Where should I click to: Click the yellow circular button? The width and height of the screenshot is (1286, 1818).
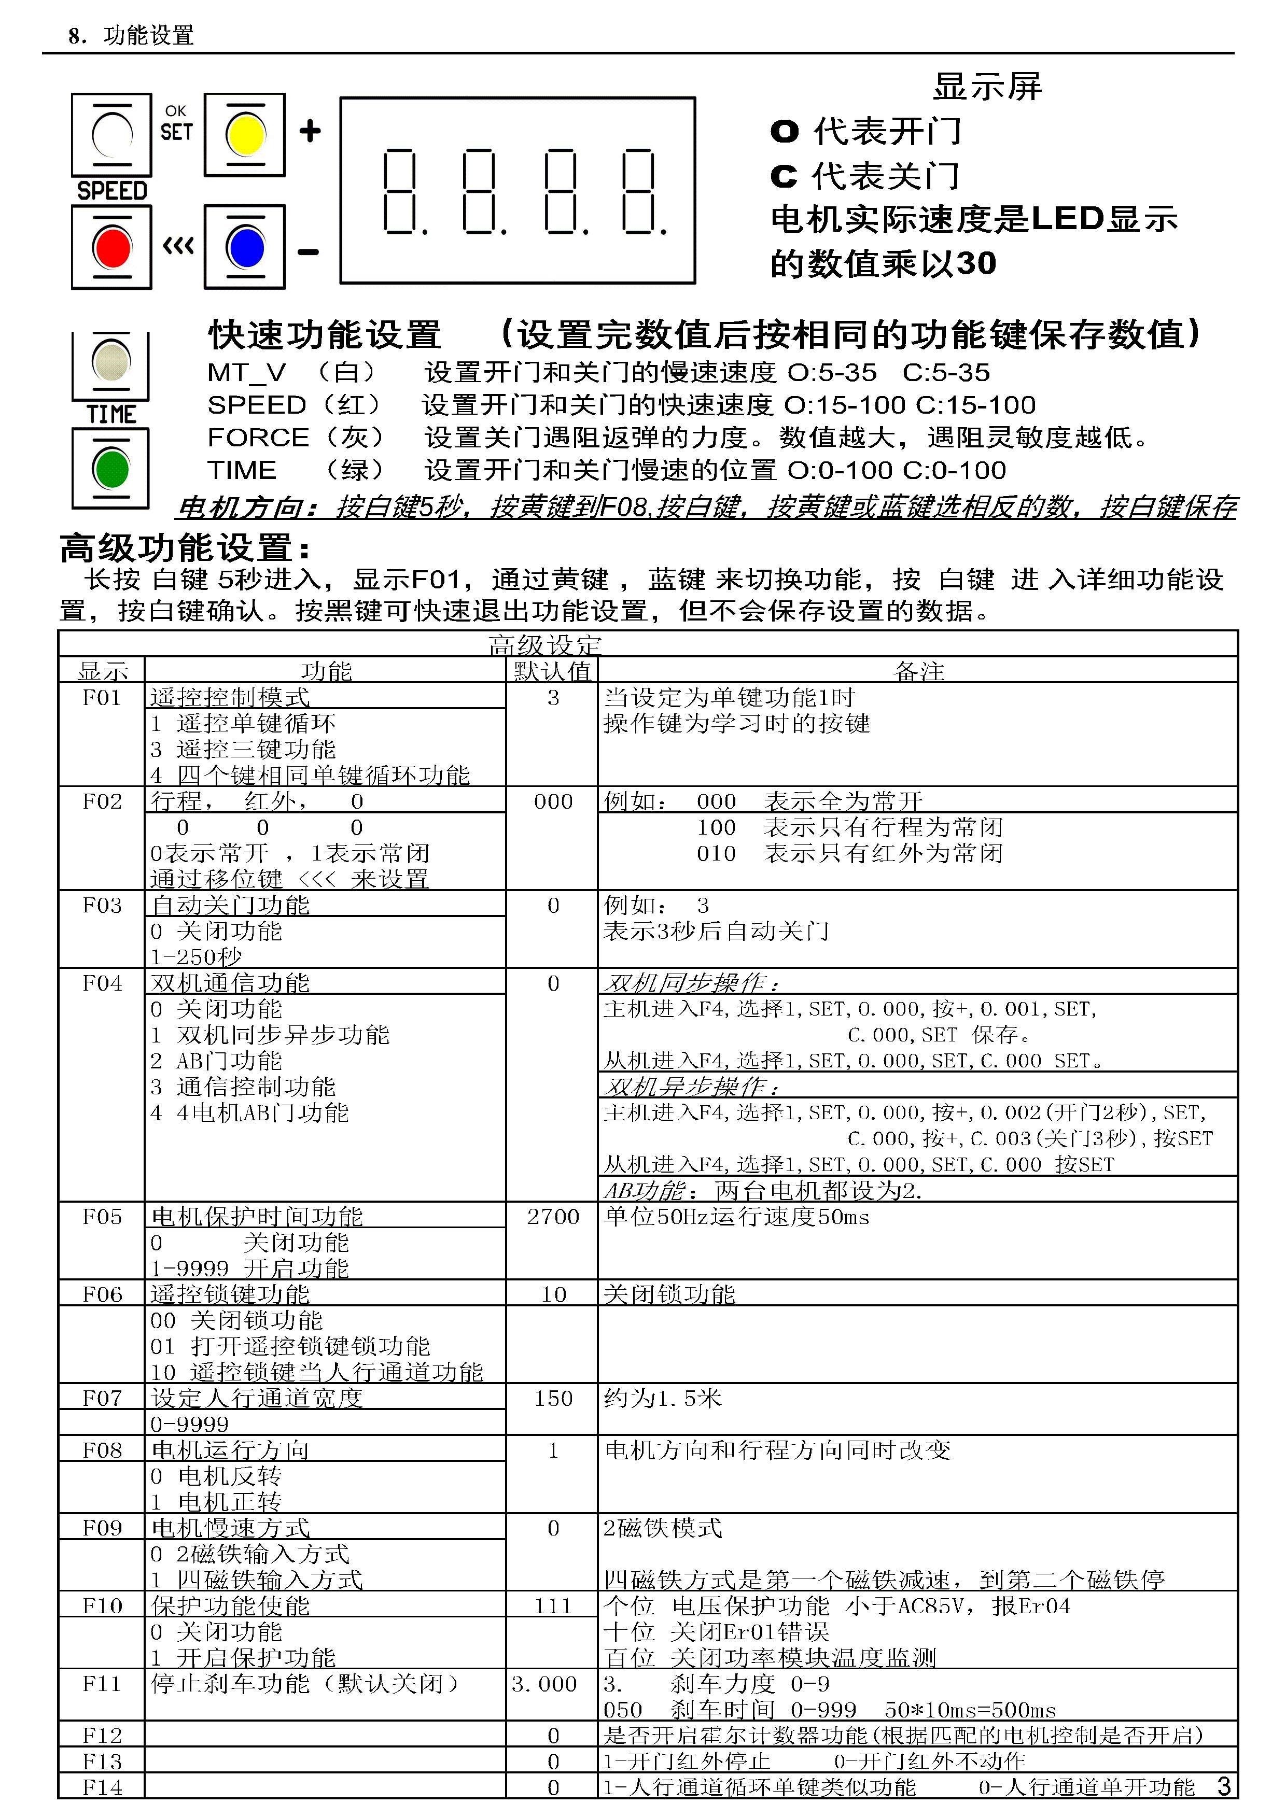(x=245, y=135)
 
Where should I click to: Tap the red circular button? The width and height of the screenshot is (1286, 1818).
(x=111, y=248)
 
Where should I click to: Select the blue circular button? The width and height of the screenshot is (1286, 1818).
(x=245, y=248)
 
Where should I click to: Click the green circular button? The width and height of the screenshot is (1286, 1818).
(x=111, y=469)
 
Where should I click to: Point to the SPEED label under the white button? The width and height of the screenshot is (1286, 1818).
(x=111, y=191)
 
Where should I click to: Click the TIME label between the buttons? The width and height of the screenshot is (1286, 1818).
(x=111, y=414)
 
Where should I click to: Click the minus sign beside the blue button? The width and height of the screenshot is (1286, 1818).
(x=308, y=252)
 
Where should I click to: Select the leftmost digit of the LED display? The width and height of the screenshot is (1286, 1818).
(x=400, y=192)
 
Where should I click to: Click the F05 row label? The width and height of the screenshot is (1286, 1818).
(x=102, y=1216)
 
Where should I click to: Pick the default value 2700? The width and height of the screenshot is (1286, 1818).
(x=553, y=1216)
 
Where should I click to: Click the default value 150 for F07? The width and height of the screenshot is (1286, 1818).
(x=553, y=1398)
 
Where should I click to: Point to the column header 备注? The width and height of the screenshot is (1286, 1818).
(x=918, y=671)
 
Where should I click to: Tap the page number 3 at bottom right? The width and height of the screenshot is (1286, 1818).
(x=1223, y=1786)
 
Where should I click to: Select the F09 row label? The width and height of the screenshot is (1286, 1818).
(x=102, y=1527)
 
